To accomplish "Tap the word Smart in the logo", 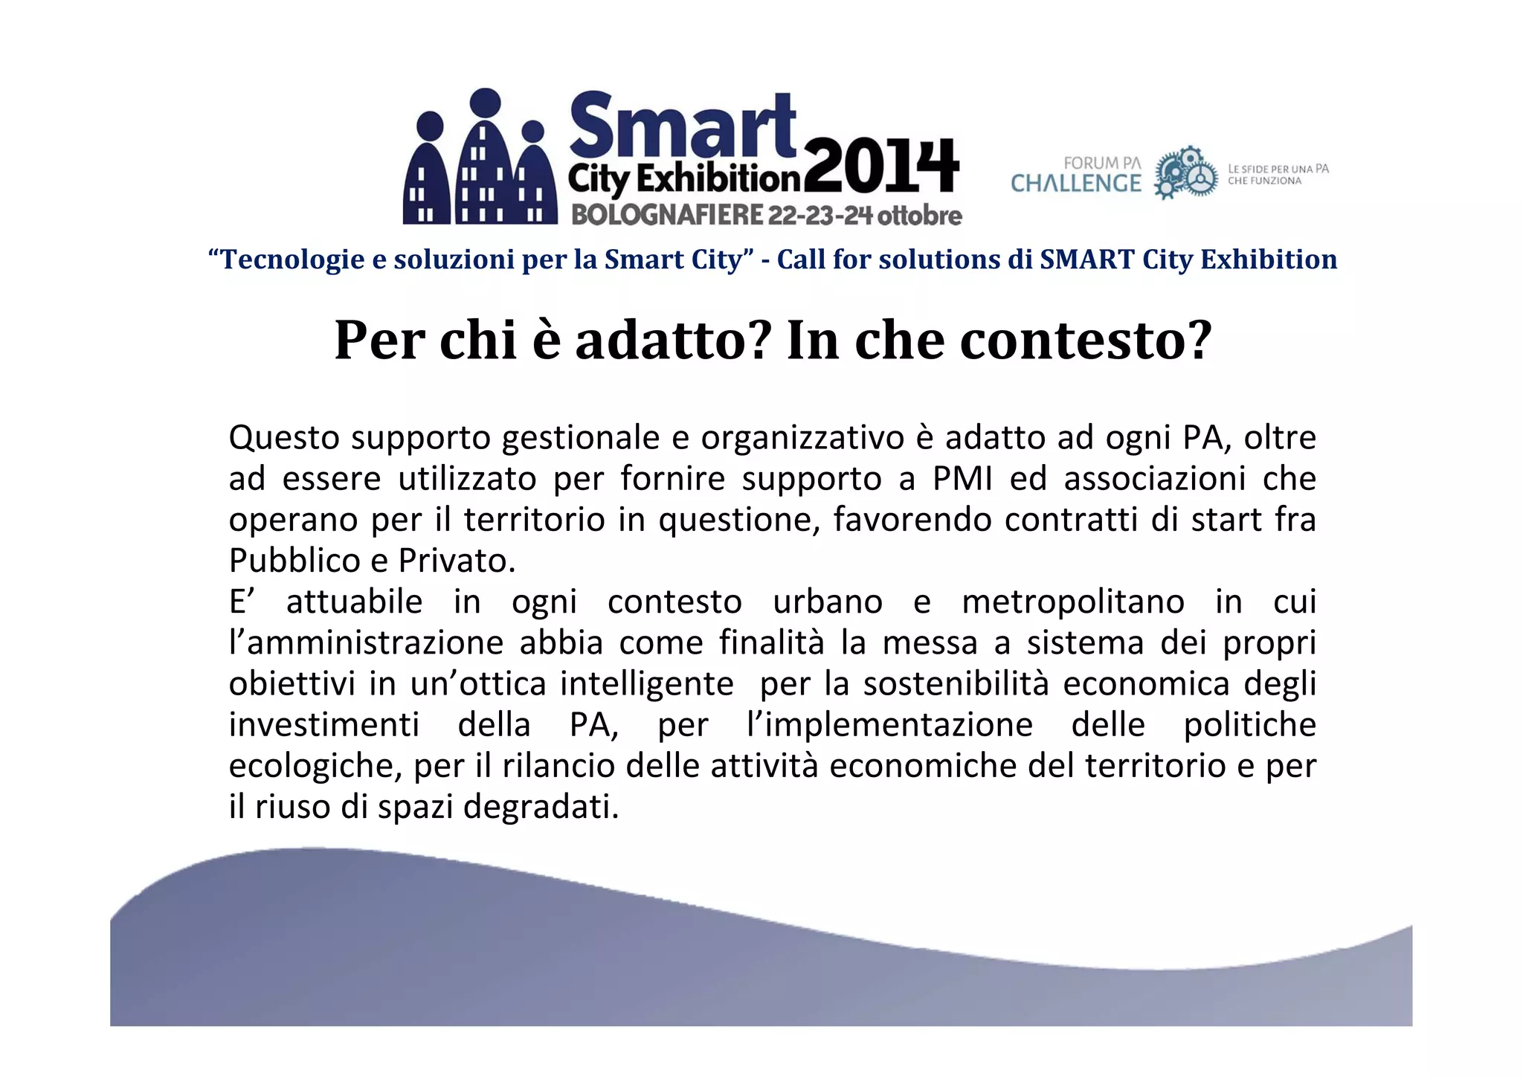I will point(682,124).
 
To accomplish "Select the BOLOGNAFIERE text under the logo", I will point(666,215).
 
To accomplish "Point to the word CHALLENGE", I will point(1075,184).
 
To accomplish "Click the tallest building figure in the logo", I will point(485,160).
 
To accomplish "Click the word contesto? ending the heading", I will point(1086,341).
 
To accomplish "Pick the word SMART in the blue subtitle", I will point(1086,260).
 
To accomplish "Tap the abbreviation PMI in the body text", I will point(962,478).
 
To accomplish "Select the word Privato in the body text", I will point(456,561).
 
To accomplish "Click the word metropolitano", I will point(1072,602).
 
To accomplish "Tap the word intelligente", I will point(646,683).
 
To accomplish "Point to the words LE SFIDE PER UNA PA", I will point(1278,169).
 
